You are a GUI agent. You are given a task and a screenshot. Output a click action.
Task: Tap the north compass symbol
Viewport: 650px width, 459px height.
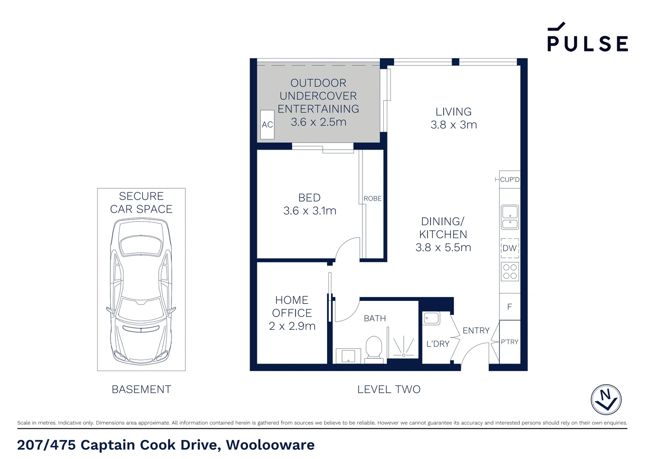606,399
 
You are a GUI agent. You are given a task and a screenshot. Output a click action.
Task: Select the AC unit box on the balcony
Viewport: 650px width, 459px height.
267,125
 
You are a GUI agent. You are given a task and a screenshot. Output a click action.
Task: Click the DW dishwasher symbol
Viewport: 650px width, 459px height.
510,248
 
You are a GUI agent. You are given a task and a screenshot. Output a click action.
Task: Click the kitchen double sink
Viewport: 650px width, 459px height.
510,217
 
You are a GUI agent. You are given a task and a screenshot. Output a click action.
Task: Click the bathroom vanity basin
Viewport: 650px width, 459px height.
348,356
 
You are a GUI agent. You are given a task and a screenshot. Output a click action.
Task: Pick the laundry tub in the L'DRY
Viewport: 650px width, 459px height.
431,318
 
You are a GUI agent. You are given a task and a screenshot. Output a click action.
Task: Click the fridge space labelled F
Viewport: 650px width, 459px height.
510,307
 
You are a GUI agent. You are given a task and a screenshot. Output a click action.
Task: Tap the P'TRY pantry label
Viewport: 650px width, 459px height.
510,342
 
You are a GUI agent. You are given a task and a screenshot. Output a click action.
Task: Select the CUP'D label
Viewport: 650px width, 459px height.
510,179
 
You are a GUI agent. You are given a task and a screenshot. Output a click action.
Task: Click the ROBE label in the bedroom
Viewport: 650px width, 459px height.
373,198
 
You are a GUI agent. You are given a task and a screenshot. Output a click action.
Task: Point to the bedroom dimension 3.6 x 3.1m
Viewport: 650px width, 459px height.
310,211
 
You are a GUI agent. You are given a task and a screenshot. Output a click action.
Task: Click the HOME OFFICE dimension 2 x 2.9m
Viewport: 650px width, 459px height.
292,326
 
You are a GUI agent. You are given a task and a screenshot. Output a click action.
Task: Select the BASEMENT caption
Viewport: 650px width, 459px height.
141,389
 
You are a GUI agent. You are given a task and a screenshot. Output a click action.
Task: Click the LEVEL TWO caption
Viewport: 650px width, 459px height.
389,389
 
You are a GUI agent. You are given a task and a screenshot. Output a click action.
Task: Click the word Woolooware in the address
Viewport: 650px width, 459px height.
270,445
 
